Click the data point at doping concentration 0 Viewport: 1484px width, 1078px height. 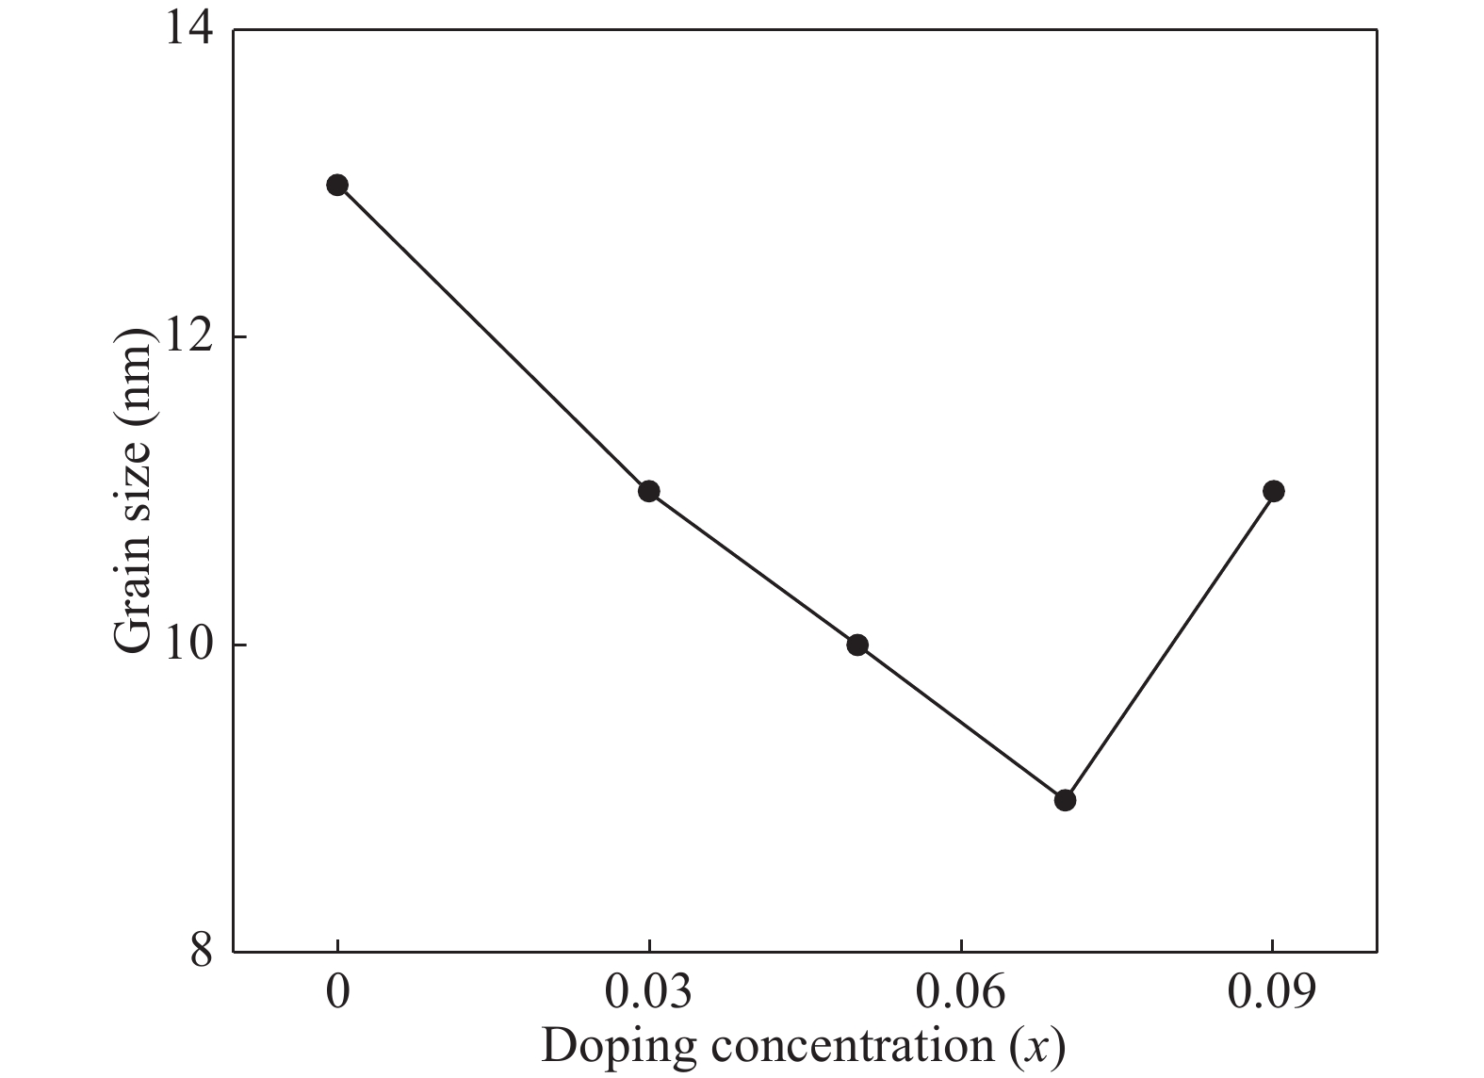[337, 185]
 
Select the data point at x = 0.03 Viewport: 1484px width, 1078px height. [648, 491]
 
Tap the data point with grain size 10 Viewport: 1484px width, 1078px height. [856, 645]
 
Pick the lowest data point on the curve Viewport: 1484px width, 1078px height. [1065, 800]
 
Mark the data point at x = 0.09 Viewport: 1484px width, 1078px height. [1273, 491]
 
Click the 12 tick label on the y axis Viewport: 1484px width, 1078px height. [188, 337]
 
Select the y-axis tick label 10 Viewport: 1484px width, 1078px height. [188, 645]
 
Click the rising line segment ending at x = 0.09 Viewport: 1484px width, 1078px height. [1168, 645]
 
